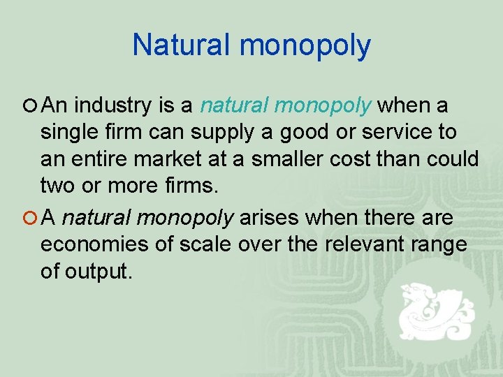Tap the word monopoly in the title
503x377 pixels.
click(305, 46)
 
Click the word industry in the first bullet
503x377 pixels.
click(111, 105)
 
